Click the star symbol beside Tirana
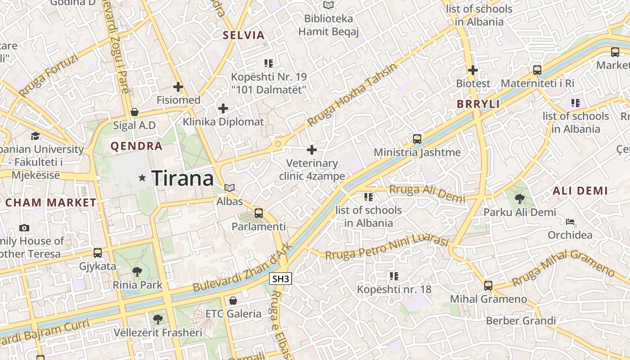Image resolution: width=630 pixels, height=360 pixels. point(143,178)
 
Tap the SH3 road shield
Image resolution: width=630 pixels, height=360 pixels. point(281,279)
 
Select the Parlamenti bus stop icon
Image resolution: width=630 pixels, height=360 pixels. point(259,213)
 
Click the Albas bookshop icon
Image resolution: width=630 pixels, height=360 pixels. point(229,188)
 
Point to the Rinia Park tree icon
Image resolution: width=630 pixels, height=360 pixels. point(137,271)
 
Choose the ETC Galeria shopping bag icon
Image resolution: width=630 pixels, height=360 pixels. point(233,300)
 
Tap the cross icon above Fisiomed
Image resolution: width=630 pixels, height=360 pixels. point(178,86)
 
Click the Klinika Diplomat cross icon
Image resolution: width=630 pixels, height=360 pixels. point(223,108)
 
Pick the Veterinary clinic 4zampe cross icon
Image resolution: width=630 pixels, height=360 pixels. point(312,150)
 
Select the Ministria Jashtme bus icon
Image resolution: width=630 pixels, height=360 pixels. point(417,139)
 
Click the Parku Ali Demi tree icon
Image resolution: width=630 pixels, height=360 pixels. point(519,198)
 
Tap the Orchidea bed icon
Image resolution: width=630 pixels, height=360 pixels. point(570,222)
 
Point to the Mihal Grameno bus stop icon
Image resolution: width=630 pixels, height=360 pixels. point(488,285)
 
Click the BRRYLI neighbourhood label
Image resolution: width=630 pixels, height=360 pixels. point(478,104)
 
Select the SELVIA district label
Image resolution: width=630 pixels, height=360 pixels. point(243,35)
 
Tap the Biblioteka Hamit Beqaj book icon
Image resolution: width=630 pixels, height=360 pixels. point(329,5)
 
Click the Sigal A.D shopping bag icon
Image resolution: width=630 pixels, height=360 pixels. point(134,112)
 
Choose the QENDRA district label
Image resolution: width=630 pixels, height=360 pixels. point(136,146)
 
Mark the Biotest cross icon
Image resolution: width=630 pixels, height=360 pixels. point(473,70)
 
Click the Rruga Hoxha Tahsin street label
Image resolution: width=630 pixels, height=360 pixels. point(353,95)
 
